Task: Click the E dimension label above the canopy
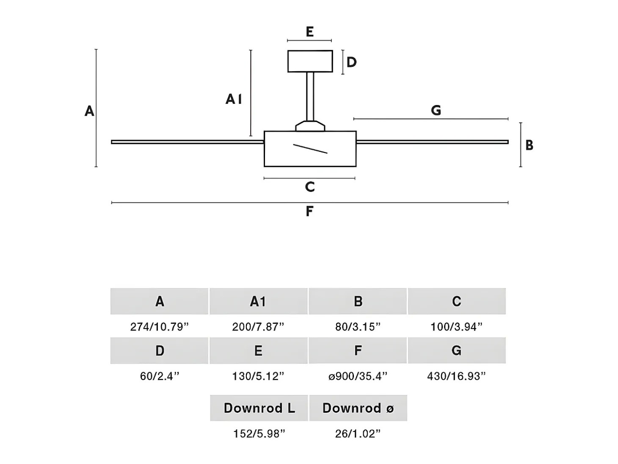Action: pyautogui.click(x=310, y=31)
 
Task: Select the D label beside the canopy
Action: pyautogui.click(x=351, y=62)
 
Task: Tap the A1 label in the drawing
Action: pyautogui.click(x=233, y=99)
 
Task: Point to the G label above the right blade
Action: pyautogui.click(x=436, y=110)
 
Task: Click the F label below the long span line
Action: pyautogui.click(x=309, y=211)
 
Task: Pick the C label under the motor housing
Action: pyautogui.click(x=310, y=187)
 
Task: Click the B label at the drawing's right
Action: pyautogui.click(x=529, y=145)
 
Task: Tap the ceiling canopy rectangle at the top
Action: pyautogui.click(x=310, y=61)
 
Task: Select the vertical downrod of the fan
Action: pyautogui.click(x=310, y=96)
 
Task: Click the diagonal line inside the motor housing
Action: pyautogui.click(x=310, y=149)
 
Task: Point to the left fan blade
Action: pyautogui.click(x=188, y=142)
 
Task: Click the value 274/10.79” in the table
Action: pyautogui.click(x=159, y=327)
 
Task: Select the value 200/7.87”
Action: pyautogui.click(x=258, y=327)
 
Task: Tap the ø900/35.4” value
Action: pyautogui.click(x=358, y=376)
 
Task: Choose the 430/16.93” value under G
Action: pyautogui.click(x=456, y=376)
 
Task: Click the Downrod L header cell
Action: pyautogui.click(x=259, y=408)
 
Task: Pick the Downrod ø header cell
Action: pyautogui.click(x=358, y=408)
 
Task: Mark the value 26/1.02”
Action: pyautogui.click(x=358, y=434)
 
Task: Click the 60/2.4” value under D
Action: pyautogui.click(x=160, y=376)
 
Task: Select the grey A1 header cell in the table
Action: pyautogui.click(x=259, y=301)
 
